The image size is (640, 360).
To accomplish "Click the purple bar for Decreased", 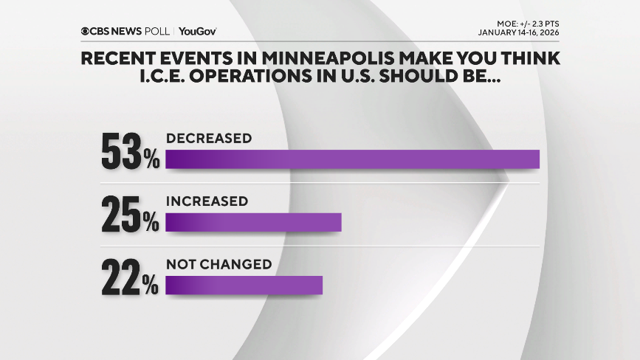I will pos(352,159).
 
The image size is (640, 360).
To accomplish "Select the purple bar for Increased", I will pos(253,222).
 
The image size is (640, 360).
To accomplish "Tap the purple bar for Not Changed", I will pos(244,285).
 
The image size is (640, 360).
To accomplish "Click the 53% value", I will pos(130,151).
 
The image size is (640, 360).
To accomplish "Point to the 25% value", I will pos(130,214).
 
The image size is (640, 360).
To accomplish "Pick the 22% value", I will pos(130,277).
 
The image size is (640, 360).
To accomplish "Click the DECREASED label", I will pos(209,138).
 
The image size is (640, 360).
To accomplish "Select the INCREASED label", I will pos(207,201).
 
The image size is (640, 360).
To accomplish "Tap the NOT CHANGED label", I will pos(219,263).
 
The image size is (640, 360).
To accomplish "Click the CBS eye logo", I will pos(86,32).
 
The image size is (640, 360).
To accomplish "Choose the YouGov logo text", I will pos(198,32).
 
